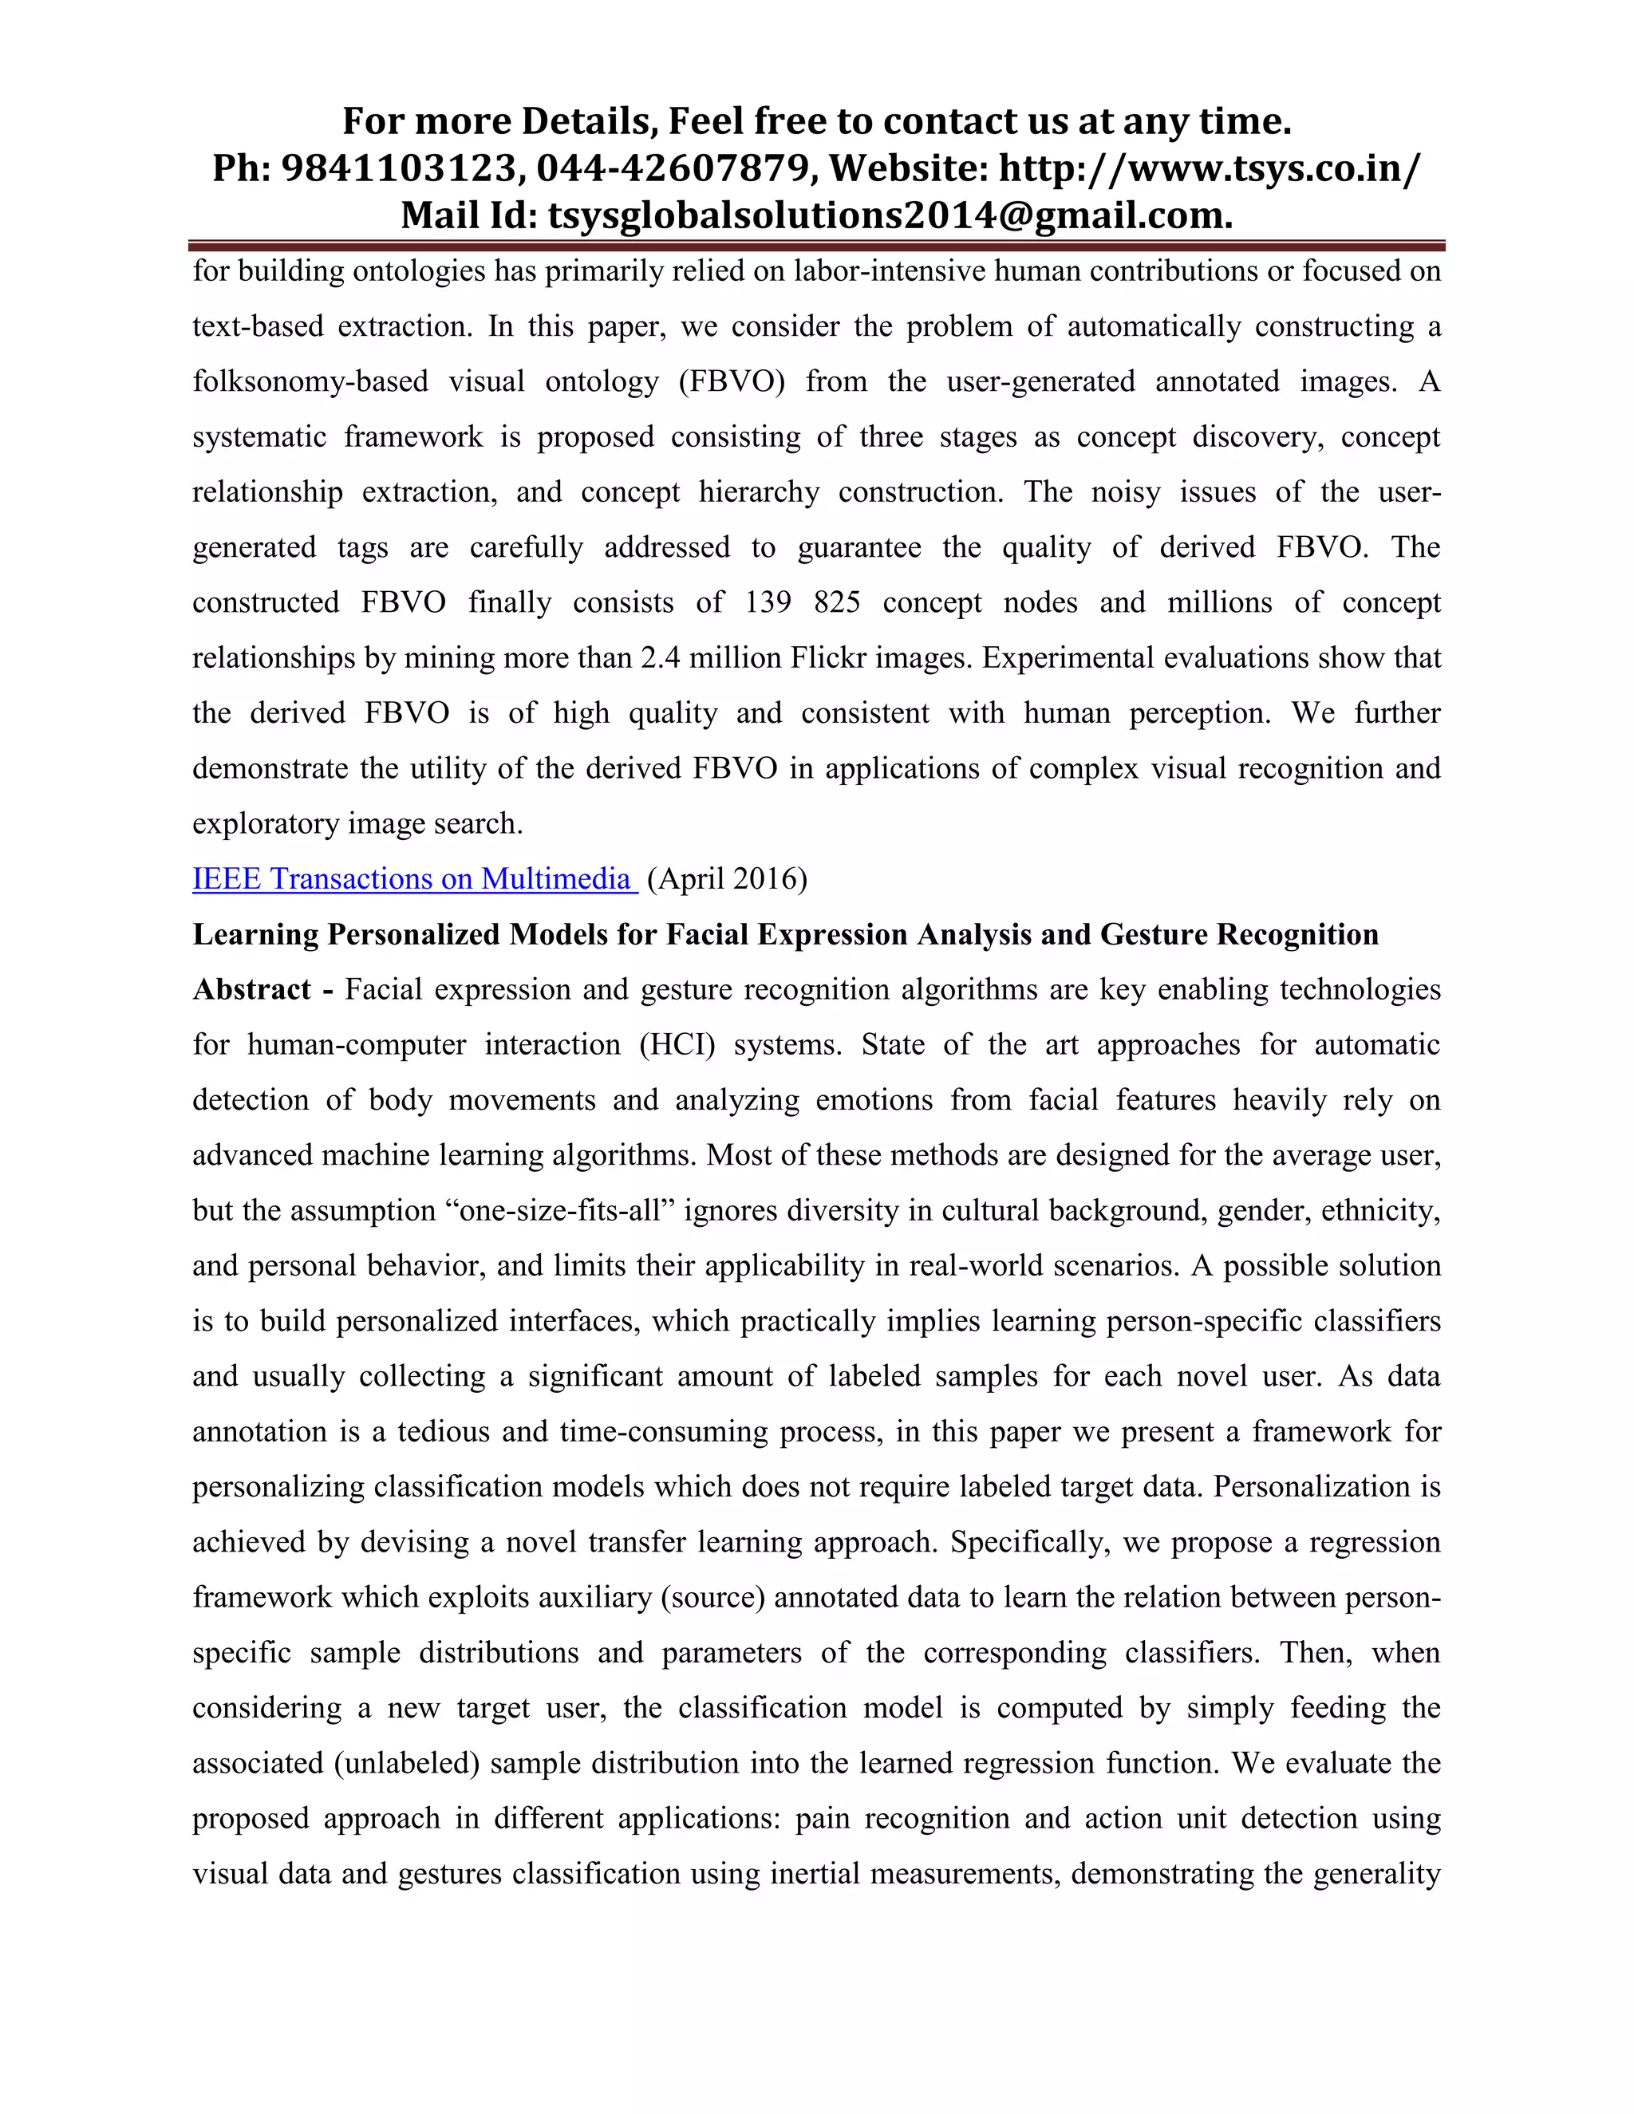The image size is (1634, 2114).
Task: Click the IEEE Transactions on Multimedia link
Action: (413, 879)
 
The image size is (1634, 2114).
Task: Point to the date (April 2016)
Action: (726, 879)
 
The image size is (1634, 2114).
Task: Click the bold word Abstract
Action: (251, 990)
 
